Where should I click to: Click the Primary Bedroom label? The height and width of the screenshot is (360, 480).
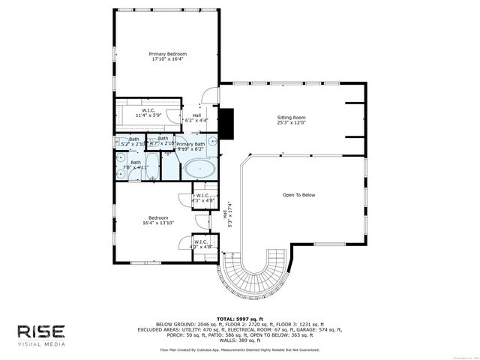click(167, 57)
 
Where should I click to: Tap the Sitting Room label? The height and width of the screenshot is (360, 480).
click(292, 121)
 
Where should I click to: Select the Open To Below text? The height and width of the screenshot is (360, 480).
click(298, 195)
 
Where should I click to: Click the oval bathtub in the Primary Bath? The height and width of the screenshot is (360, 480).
click(200, 168)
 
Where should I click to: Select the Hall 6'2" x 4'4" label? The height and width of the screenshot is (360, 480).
click(196, 118)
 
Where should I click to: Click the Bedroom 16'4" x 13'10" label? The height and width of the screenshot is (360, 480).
click(158, 220)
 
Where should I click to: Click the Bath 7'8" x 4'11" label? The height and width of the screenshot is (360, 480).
click(136, 165)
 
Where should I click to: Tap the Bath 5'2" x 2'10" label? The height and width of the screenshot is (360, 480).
click(134, 141)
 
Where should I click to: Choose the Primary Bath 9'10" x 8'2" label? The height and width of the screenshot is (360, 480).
click(190, 146)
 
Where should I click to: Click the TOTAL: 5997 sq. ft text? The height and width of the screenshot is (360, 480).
click(239, 319)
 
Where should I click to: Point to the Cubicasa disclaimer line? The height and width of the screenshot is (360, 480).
click(239, 349)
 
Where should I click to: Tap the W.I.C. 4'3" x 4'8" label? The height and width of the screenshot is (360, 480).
click(202, 199)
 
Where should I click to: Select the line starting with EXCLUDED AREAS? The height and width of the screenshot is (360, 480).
click(239, 329)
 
